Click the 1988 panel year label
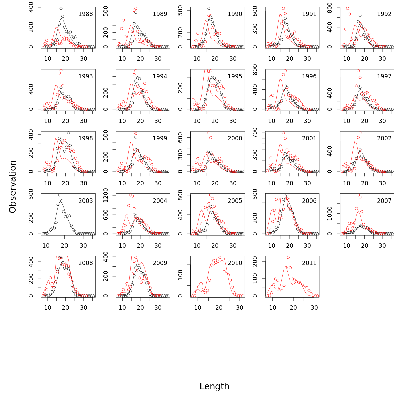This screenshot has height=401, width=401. pos(86,14)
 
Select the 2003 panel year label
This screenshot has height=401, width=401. pos(86,201)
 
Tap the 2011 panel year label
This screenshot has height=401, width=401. pos(309,263)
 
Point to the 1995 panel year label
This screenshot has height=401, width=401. pos(235,76)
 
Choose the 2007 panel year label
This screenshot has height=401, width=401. pos(384,201)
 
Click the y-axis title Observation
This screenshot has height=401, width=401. pos(13,186)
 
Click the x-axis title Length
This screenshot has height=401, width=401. pos(214,386)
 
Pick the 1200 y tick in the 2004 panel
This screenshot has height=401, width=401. pos(106,193)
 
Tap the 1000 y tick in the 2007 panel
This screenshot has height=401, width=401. pos(330,213)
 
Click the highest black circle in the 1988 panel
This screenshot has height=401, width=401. pos(61,9)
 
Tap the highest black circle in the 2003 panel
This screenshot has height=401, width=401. pos(60,195)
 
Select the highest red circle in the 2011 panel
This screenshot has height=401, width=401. pos(288,257)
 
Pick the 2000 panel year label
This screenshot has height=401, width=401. pos(235,138)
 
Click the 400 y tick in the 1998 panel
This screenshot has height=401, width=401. pos(31,134)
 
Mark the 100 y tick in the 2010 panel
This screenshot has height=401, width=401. pos(180,275)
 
